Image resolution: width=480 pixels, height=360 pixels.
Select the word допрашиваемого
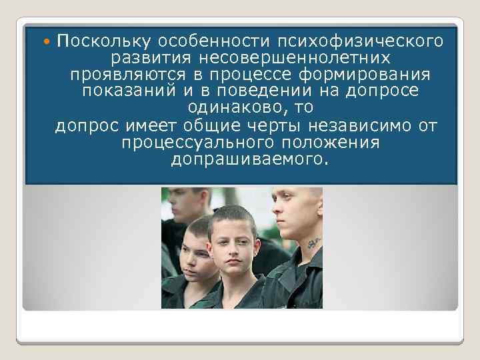point(250,159)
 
